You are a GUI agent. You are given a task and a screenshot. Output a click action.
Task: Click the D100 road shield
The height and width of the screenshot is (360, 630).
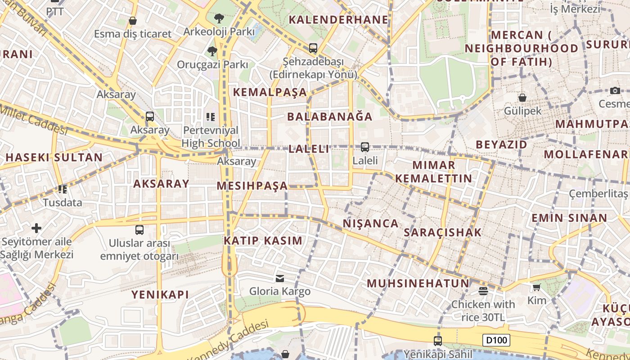click(496, 340)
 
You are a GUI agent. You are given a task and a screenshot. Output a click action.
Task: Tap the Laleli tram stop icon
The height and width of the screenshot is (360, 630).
click(365, 147)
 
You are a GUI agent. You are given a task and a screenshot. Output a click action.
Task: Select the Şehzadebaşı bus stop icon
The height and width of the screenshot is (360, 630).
click(313, 48)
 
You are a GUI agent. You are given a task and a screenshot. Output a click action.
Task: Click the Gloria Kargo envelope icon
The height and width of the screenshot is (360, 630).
click(280, 278)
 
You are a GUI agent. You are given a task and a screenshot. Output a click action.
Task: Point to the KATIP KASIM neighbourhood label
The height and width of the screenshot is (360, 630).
click(263, 240)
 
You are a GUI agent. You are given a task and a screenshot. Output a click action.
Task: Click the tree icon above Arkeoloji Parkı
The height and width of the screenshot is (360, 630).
click(219, 18)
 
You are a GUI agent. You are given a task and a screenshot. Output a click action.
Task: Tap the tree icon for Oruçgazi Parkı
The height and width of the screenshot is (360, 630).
click(212, 51)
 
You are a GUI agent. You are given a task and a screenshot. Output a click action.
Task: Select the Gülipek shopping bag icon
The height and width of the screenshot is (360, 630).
click(522, 97)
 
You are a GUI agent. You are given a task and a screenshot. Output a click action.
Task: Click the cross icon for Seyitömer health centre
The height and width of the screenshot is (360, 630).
click(36, 228)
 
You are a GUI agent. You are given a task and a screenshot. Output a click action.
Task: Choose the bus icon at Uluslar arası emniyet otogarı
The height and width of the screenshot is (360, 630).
click(139, 230)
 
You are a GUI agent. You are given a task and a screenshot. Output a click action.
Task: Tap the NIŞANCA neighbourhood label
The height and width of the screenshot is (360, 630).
click(371, 223)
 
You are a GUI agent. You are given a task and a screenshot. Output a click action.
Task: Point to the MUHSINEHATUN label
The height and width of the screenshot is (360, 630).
click(418, 283)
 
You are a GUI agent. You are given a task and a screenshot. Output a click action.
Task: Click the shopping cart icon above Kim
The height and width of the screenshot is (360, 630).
click(536, 287)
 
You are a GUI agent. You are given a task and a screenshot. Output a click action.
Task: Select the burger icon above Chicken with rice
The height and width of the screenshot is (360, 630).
click(483, 291)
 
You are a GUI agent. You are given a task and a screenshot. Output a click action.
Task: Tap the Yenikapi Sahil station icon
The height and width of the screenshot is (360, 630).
click(438, 341)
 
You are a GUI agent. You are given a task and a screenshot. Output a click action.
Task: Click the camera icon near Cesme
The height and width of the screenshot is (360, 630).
click(615, 90)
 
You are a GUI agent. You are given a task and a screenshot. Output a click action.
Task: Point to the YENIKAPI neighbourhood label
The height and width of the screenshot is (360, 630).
click(160, 295)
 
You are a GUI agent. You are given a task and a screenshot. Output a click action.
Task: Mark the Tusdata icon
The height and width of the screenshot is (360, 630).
click(63, 189)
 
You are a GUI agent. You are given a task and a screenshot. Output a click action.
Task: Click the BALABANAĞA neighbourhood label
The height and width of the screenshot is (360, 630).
click(330, 117)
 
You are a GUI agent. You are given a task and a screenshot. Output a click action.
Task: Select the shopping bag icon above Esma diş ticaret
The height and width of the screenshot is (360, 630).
click(133, 21)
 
